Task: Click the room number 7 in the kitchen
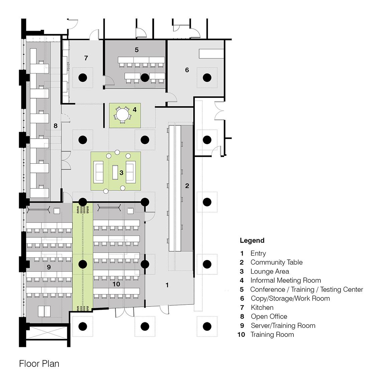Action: pyautogui.click(x=86, y=58)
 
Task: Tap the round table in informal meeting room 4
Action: pyautogui.click(x=122, y=115)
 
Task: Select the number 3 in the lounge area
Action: pyautogui.click(x=121, y=172)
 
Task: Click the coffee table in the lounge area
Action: pyautogui.click(x=115, y=172)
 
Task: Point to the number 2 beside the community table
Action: pyautogui.click(x=187, y=186)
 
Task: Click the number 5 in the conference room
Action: pyautogui.click(x=137, y=50)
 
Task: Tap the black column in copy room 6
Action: pyautogui.click(x=207, y=78)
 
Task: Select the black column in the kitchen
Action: pyautogui.click(x=83, y=78)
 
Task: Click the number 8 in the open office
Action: pyautogui.click(x=55, y=126)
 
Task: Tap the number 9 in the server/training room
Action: pyautogui.click(x=49, y=267)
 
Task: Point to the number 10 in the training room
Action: pyautogui.click(x=116, y=284)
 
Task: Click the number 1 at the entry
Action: pyautogui.click(x=167, y=285)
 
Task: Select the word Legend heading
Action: pyautogui.click(x=252, y=241)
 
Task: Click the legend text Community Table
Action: pyautogui.click(x=277, y=262)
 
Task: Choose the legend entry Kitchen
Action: pyautogui.click(x=262, y=307)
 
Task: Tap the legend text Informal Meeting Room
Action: pyautogui.click(x=286, y=280)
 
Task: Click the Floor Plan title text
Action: pyautogui.click(x=39, y=364)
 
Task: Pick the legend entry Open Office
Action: pyautogui.click(x=269, y=316)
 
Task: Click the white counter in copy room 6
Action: pyautogui.click(x=211, y=54)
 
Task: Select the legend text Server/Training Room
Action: pyautogui.click(x=283, y=326)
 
